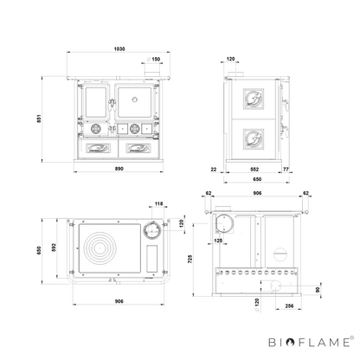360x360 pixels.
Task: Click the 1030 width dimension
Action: point(119,49)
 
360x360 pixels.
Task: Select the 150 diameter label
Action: point(156,59)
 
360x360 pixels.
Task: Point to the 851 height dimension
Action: point(39,119)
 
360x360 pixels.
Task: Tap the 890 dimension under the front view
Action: point(119,169)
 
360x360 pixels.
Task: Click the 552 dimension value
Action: point(254,170)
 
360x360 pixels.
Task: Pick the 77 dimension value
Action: point(286,170)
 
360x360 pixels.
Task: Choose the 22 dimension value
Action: point(214,170)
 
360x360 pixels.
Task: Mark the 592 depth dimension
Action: point(54,247)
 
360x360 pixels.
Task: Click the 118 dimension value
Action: point(158,203)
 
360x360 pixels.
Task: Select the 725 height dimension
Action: point(190,259)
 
